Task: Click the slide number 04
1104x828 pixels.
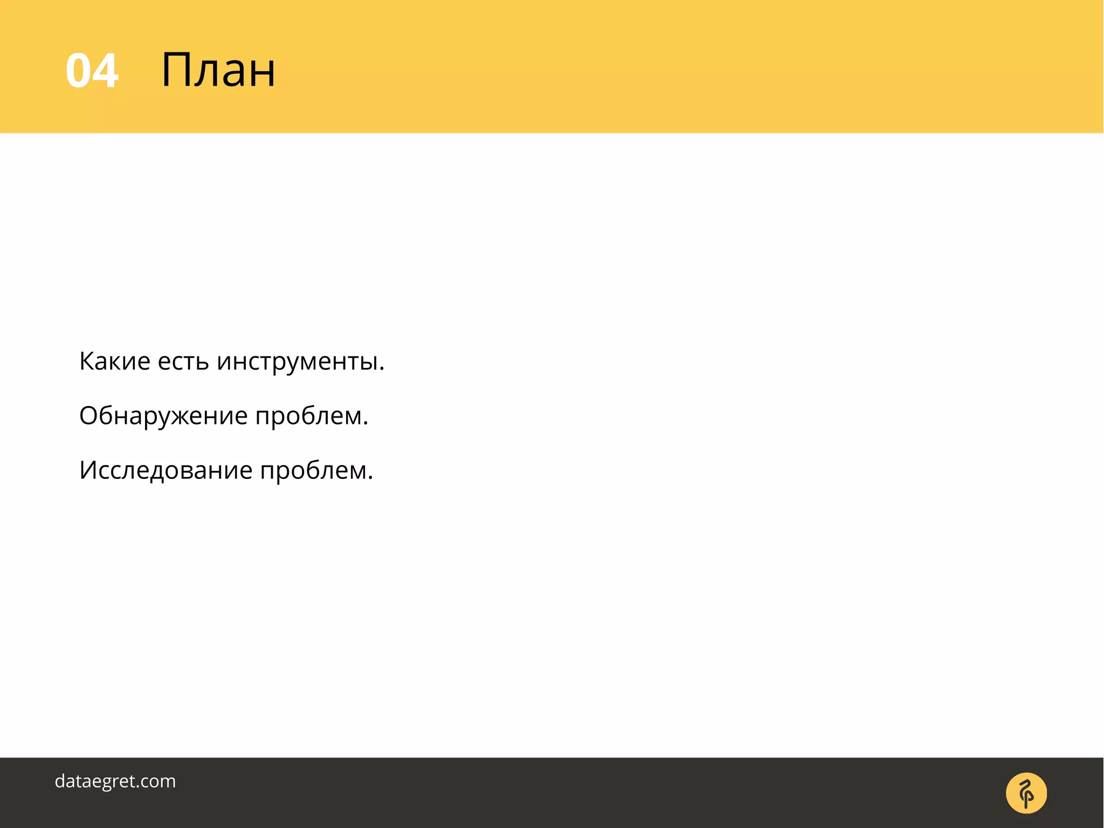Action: click(x=92, y=71)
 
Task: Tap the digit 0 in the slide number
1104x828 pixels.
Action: click(x=79, y=71)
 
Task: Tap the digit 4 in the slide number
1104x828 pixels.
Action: click(x=106, y=71)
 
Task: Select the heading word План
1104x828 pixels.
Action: click(x=218, y=70)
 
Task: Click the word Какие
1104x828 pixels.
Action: click(x=114, y=361)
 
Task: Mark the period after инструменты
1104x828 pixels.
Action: click(x=382, y=370)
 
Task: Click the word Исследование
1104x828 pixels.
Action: click(x=165, y=470)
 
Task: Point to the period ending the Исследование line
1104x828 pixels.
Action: click(x=370, y=478)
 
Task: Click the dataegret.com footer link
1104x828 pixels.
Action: click(x=115, y=781)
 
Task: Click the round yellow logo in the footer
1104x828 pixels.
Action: click(x=1026, y=793)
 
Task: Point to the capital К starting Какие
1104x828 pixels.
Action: click(x=87, y=361)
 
